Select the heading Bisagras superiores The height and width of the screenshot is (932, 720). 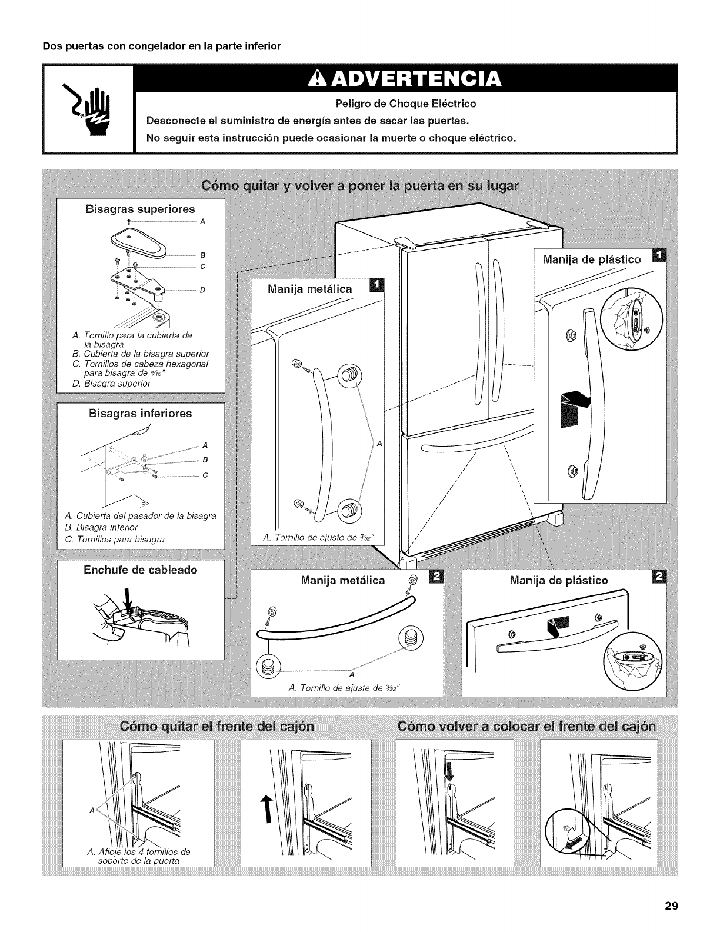click(x=141, y=209)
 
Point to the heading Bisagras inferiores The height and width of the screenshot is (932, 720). click(x=140, y=413)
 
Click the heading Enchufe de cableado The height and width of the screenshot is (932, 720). click(x=140, y=570)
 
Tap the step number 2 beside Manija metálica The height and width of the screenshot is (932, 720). click(x=436, y=579)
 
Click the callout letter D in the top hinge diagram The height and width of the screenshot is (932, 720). click(x=202, y=290)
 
